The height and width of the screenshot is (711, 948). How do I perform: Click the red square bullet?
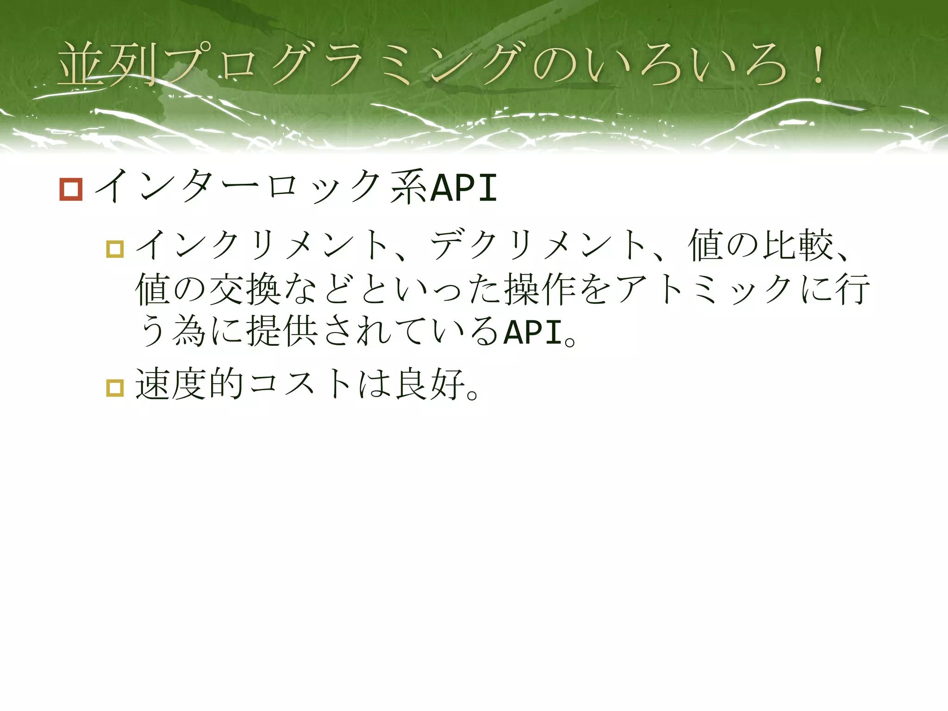click(x=71, y=189)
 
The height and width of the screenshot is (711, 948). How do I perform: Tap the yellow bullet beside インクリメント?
click(x=115, y=249)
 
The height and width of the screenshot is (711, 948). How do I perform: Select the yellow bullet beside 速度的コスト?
click(x=115, y=387)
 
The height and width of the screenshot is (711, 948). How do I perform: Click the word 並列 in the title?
click(x=106, y=65)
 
